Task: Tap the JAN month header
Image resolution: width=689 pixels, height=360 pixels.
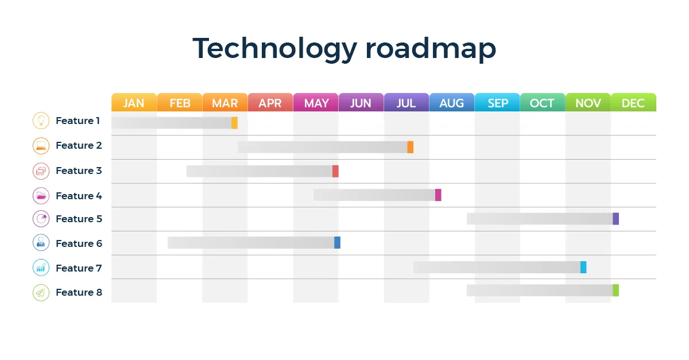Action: click(x=134, y=103)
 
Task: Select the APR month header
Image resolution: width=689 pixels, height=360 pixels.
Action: click(x=270, y=103)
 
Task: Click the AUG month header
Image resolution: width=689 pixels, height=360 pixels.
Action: click(x=451, y=103)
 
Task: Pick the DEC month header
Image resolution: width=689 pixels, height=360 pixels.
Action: click(x=633, y=103)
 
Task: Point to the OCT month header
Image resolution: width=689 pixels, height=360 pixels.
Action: click(x=542, y=103)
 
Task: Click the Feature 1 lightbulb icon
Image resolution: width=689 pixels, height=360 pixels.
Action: click(x=41, y=121)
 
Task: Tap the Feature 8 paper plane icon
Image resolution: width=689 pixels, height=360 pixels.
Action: click(x=41, y=292)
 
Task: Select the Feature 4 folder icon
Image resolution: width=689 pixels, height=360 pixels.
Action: click(x=41, y=196)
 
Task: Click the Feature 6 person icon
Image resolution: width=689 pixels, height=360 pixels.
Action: click(x=41, y=243)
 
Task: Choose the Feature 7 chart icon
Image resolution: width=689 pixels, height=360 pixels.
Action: click(x=41, y=268)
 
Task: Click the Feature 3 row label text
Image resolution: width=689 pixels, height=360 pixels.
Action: click(x=79, y=171)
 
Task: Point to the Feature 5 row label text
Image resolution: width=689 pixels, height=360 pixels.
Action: click(x=79, y=219)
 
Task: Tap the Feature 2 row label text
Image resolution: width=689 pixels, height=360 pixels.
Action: click(x=79, y=145)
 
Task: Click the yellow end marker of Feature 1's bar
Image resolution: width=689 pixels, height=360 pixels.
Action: click(x=234, y=123)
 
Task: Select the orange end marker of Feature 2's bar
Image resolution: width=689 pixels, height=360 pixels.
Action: click(x=410, y=147)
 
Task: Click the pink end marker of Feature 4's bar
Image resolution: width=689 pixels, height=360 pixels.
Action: click(x=438, y=195)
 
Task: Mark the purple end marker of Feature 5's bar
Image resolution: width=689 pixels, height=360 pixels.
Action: click(x=616, y=219)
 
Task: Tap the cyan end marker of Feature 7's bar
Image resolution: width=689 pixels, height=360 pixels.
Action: click(x=583, y=267)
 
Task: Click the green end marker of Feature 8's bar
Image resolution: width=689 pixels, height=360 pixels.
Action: click(x=616, y=290)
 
